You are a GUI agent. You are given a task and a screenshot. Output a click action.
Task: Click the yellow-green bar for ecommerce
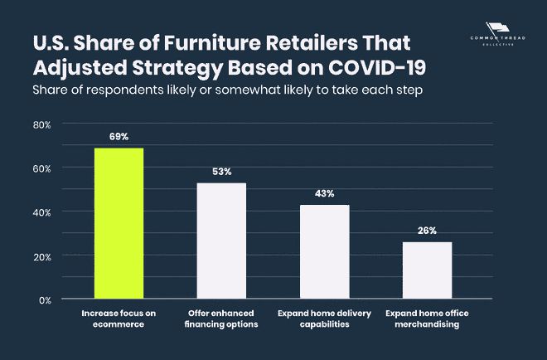pyautogui.click(x=119, y=223)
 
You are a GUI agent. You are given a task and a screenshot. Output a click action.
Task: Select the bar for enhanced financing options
pyautogui.click(x=221, y=241)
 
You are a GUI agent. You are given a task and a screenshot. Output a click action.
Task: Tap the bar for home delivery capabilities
pyautogui.click(x=324, y=251)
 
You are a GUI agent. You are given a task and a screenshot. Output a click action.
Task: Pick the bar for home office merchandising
pyautogui.click(x=428, y=270)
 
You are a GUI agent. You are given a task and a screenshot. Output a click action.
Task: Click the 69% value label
pyautogui.click(x=119, y=137)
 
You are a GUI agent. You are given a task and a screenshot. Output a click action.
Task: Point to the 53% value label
pyautogui.click(x=222, y=172)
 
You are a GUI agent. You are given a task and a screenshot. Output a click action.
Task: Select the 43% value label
pyautogui.click(x=324, y=193)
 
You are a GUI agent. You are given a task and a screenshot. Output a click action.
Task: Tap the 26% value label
pyautogui.click(x=428, y=231)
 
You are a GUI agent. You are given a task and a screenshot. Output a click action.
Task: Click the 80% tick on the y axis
pyautogui.click(x=42, y=125)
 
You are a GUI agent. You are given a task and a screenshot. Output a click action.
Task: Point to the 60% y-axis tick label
pyautogui.click(x=42, y=169)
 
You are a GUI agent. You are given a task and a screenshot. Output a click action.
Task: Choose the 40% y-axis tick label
pyautogui.click(x=42, y=213)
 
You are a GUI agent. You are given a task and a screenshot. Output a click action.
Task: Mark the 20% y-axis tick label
pyautogui.click(x=42, y=257)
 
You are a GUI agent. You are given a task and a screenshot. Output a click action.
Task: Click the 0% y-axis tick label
pyautogui.click(x=46, y=300)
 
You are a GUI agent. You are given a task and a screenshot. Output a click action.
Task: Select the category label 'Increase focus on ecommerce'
pyautogui.click(x=119, y=319)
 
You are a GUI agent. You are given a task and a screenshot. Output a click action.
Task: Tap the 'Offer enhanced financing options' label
pyautogui.click(x=221, y=319)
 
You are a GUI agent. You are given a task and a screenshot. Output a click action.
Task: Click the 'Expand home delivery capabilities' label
pyautogui.click(x=324, y=319)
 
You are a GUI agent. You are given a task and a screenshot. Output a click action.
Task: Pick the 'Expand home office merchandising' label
pyautogui.click(x=427, y=319)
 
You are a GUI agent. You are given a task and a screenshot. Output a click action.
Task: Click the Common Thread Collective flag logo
pyautogui.click(x=498, y=33)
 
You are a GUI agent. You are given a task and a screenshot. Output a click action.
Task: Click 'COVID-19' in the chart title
pyautogui.click(x=377, y=67)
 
